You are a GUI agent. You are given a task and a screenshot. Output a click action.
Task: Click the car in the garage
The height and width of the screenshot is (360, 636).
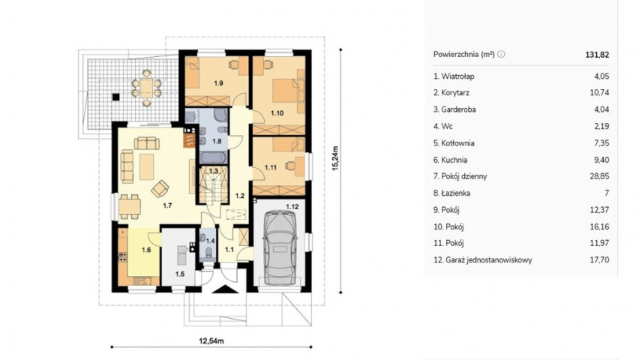pos(280,247)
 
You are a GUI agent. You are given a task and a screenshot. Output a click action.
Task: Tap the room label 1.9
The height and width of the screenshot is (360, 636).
pos(219,83)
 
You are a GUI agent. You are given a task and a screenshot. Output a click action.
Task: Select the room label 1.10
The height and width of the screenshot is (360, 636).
pos(277,113)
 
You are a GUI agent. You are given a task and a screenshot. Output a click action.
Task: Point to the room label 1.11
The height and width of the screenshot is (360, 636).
pos(271,167)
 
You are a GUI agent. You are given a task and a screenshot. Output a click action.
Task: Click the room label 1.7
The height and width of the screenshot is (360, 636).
pos(167,205)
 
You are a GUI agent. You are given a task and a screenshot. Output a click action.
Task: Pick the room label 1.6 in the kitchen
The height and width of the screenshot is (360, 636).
pos(146,250)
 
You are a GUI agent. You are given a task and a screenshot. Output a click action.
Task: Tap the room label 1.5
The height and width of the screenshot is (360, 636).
pos(180,274)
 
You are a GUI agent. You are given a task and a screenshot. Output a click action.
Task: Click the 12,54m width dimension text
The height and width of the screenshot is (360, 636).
pos(211,341)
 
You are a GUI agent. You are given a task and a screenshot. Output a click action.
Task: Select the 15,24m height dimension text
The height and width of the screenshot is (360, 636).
pos(335,158)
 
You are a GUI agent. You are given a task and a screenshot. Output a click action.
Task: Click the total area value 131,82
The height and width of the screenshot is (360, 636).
pos(597,55)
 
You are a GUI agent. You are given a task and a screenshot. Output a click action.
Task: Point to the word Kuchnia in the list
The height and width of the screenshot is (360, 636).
pos(454,160)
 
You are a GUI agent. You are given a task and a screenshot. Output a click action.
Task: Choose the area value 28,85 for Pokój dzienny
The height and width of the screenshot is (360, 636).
pos(599,176)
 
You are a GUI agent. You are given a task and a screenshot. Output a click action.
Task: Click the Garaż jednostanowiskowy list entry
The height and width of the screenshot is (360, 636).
pos(483,259)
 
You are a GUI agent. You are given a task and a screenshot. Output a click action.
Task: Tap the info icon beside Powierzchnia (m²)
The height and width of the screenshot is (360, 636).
pos(501,54)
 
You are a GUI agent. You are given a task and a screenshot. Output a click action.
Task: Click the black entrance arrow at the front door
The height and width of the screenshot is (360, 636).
pos(225,289)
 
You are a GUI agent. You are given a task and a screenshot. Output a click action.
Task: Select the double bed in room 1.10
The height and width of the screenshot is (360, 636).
pos(287,91)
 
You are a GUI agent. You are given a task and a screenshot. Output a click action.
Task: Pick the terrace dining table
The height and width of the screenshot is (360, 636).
pos(146,88)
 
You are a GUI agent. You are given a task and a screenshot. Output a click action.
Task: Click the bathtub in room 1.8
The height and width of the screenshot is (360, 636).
pos(214,157)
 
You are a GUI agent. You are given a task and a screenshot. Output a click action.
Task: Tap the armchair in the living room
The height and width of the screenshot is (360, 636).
pos(160,188)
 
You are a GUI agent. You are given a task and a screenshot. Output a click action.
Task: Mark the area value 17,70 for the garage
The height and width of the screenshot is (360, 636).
pos(599,259)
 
